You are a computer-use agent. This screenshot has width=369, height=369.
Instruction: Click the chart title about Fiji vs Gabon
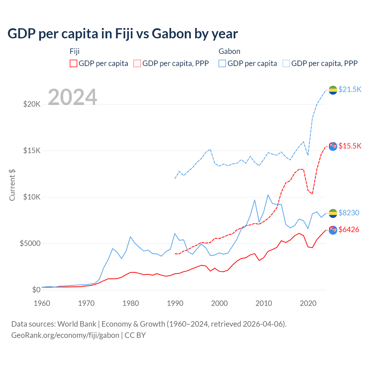tap(123, 34)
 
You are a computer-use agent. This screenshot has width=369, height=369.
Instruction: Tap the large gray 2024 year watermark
tap(72, 97)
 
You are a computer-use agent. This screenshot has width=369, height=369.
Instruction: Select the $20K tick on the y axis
tap(32, 104)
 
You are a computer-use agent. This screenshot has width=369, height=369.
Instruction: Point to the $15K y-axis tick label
tap(32, 150)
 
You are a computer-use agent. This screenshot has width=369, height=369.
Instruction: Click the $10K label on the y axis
tap(32, 197)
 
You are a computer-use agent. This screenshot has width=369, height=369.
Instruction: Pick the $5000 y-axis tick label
tap(30, 243)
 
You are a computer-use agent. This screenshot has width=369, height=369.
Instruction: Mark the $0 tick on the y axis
tap(36, 290)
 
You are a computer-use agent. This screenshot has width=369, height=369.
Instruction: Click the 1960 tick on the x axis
tap(42, 303)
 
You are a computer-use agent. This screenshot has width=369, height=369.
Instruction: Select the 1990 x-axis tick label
tap(175, 303)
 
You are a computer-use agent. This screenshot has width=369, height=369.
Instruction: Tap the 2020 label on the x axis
tap(308, 303)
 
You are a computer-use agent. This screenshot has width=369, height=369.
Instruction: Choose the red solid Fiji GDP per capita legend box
tap(74, 63)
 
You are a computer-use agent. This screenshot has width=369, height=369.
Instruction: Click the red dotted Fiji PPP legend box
tap(137, 63)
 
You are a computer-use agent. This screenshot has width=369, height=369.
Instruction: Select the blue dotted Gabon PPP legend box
tap(286, 63)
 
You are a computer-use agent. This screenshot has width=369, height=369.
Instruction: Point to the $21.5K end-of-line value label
tap(350, 89)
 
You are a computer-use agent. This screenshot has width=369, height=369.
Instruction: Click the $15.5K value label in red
tap(350, 146)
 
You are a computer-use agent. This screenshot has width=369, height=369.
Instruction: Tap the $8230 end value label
tap(349, 213)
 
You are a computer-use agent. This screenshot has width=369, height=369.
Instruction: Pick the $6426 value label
tap(349, 229)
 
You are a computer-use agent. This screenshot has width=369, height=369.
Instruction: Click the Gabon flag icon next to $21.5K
tap(333, 90)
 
